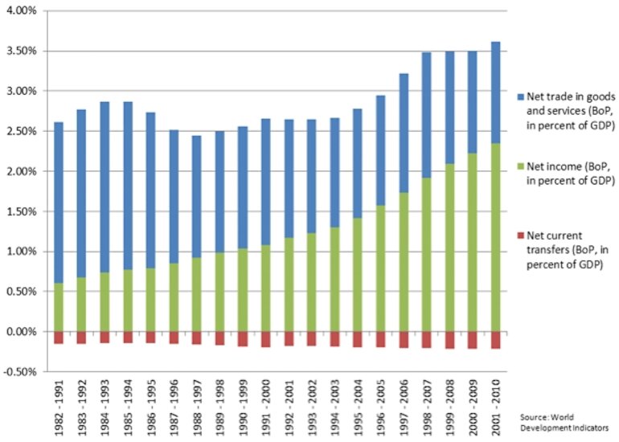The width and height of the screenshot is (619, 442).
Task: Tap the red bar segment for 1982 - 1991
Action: coord(58,338)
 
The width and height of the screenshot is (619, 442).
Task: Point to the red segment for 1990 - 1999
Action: coord(242,339)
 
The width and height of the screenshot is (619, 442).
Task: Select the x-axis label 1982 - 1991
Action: coord(59,406)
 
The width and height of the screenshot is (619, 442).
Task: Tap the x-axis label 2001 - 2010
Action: coord(497,406)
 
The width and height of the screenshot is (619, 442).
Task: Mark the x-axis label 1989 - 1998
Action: coord(219,406)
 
